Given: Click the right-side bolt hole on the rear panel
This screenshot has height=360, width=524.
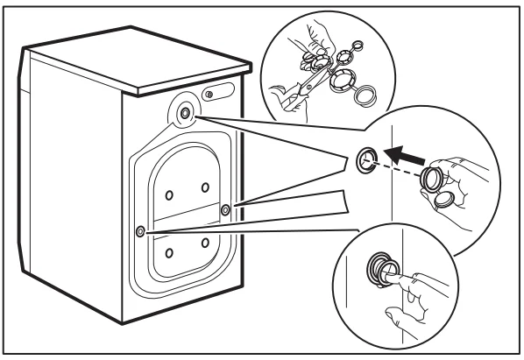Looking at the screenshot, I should tap(226, 208).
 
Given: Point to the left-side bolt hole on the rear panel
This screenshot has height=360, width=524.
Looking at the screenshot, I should tap(140, 231).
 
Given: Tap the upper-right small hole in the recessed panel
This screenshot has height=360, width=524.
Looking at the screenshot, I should tap(205, 186).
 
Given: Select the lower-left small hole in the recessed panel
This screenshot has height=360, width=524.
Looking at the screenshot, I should tap(168, 252).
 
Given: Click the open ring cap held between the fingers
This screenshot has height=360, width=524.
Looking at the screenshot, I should tap(432, 181).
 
